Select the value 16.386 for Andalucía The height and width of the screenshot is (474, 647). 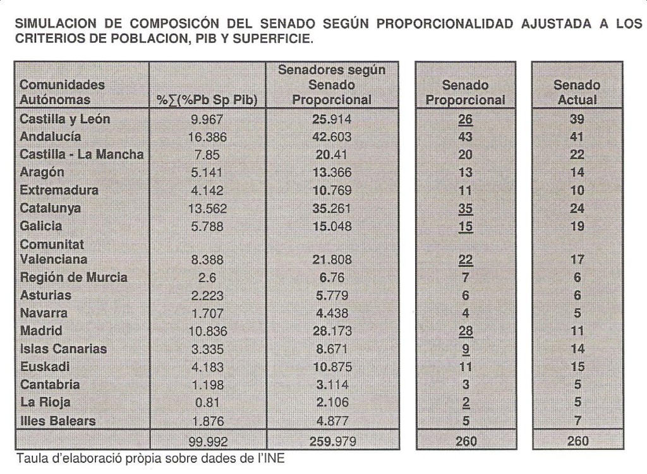pos(207,137)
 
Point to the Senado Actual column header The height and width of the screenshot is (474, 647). pos(576,92)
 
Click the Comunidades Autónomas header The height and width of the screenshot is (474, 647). pos(63,92)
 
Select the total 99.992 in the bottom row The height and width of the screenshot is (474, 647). pos(207,441)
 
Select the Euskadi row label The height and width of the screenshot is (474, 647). pos(45,367)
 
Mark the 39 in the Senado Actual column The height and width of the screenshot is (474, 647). pos(576,119)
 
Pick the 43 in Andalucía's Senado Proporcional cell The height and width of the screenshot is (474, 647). pos(465,137)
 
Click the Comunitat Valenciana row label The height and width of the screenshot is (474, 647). pos(54,252)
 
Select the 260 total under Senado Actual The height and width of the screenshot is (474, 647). pos(576,441)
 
